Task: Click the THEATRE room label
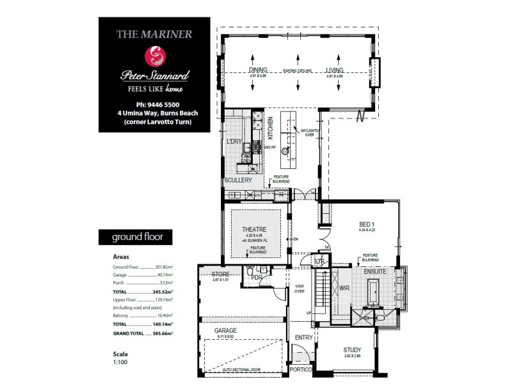tap(255, 230)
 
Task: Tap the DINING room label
tap(259, 70)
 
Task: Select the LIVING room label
tap(335, 70)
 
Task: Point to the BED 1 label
tap(367, 224)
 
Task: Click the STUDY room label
tap(352, 349)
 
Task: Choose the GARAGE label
tap(225, 331)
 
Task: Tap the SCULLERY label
tap(238, 180)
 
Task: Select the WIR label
tap(344, 288)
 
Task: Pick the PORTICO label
tap(300, 371)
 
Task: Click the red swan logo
tap(154, 56)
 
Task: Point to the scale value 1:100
tap(121, 362)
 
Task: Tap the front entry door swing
tap(298, 355)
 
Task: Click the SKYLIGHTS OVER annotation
tap(305, 132)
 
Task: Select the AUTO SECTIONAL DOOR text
tap(243, 370)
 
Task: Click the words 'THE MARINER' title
tap(154, 35)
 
